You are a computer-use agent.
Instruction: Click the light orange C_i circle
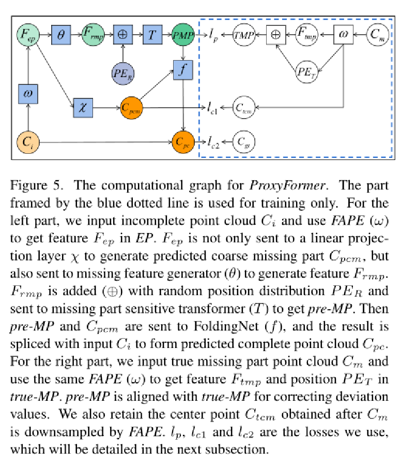click(27, 141)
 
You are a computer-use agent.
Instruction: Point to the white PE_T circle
click(306, 71)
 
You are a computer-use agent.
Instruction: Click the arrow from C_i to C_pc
click(103, 141)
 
